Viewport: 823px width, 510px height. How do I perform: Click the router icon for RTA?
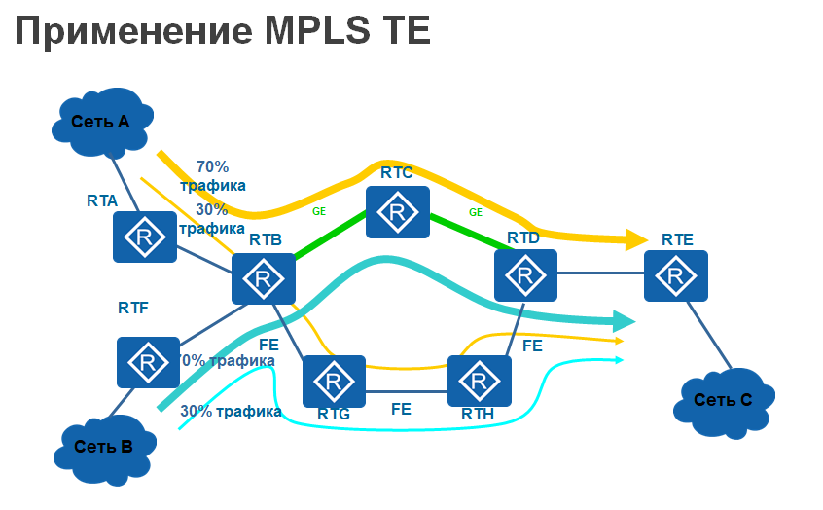(x=145, y=237)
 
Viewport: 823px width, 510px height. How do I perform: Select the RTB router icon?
(x=263, y=278)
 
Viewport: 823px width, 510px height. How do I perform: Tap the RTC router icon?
(x=397, y=212)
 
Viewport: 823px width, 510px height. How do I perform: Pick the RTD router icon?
(x=525, y=274)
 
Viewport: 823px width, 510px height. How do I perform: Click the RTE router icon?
(x=675, y=274)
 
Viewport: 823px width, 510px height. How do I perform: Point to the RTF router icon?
(x=148, y=362)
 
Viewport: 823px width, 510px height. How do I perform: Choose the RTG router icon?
(x=334, y=381)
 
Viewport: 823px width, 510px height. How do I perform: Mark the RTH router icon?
(x=480, y=381)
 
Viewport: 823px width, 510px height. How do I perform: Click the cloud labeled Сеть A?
(x=101, y=122)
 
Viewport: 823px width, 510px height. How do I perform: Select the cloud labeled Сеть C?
(x=723, y=398)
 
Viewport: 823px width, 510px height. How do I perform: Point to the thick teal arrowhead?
(x=623, y=319)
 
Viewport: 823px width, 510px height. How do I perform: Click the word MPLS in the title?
(x=313, y=31)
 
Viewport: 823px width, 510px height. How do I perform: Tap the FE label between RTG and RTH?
(x=401, y=409)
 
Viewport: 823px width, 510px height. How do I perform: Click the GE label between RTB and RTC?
(x=319, y=210)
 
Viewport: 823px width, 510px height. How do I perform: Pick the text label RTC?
(x=397, y=173)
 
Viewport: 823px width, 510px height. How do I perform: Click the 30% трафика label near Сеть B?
(x=231, y=411)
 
